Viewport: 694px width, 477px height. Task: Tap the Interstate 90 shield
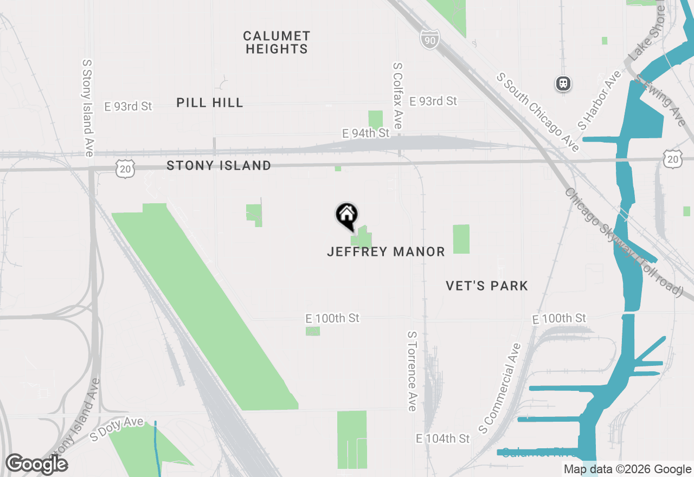coord(429,38)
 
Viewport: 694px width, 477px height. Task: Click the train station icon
coord(564,83)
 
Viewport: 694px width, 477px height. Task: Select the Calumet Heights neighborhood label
coord(277,42)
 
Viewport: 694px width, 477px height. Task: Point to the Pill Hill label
coord(210,102)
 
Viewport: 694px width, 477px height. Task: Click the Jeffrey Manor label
coord(386,252)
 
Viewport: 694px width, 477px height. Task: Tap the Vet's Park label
coord(487,286)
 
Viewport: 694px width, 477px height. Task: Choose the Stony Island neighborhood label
coord(219,165)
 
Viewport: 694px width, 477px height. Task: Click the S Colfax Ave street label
coord(398,95)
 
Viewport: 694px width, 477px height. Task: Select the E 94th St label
coord(366,133)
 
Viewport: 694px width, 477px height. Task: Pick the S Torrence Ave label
coord(412,371)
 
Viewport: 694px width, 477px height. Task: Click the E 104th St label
coord(443,438)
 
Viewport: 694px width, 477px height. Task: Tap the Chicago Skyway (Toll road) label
coord(622,242)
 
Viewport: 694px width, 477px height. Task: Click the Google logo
coord(36,464)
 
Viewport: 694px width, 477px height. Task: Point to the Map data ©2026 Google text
coord(627,469)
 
